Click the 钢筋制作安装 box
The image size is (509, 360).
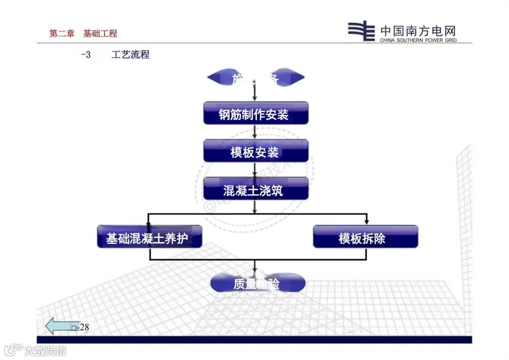click(255, 114)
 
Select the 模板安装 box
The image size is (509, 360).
click(255, 151)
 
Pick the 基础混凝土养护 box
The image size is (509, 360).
click(149, 237)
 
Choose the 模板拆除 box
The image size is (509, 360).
click(365, 237)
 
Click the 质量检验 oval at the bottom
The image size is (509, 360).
click(257, 283)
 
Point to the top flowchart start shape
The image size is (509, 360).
click(255, 78)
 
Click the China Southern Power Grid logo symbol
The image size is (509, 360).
click(361, 32)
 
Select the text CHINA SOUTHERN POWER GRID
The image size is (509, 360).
click(419, 41)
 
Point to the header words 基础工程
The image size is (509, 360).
click(100, 33)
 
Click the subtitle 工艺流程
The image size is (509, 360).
click(131, 55)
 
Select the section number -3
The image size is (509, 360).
click(85, 55)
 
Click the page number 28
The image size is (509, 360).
click(84, 327)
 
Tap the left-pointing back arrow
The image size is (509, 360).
click(59, 326)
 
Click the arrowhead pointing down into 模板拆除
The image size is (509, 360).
click(366, 221)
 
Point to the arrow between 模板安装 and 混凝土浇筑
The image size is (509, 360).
click(255, 170)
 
